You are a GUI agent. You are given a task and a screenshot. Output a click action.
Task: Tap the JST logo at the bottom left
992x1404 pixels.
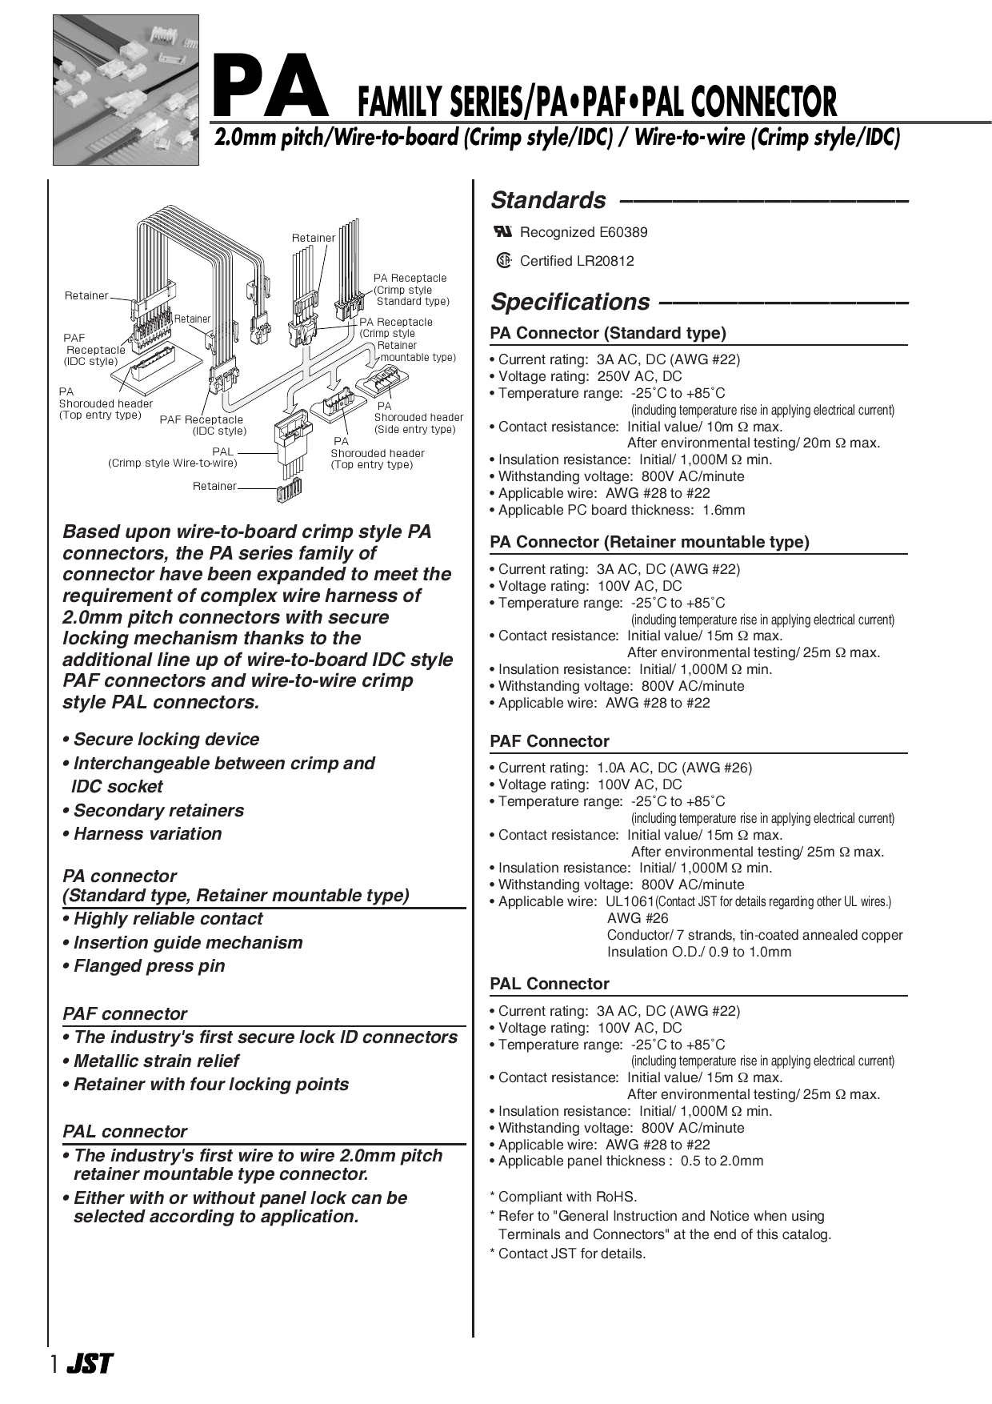(90, 1363)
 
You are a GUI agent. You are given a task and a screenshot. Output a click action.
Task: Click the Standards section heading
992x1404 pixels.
(548, 200)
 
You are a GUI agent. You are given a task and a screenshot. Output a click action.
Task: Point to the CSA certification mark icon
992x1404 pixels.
(503, 260)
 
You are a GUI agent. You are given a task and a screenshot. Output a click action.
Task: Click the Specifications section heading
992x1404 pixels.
(570, 302)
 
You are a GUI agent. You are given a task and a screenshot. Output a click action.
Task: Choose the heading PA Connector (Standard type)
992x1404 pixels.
(608, 333)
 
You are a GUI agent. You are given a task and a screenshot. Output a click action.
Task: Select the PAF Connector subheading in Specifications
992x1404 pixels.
(550, 741)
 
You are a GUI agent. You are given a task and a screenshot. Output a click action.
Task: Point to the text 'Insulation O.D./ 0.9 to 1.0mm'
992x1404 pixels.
(698, 952)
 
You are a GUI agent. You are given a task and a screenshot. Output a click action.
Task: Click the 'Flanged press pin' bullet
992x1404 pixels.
(149, 966)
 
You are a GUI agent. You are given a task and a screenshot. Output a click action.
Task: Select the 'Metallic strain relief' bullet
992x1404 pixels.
(156, 1061)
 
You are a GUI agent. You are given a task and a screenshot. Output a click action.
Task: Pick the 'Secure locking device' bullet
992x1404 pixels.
(166, 740)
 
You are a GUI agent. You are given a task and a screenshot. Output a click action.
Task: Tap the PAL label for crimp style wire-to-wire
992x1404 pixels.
(223, 451)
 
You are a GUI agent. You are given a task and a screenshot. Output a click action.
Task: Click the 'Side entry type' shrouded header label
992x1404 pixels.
(414, 429)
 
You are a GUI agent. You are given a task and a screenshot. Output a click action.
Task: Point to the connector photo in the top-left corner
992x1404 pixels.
(126, 90)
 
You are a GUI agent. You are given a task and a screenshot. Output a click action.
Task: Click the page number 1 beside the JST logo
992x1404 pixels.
(54, 1364)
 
